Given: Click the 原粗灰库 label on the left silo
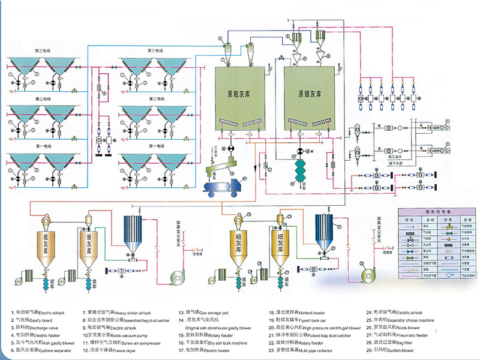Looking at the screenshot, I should tap(239, 94).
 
